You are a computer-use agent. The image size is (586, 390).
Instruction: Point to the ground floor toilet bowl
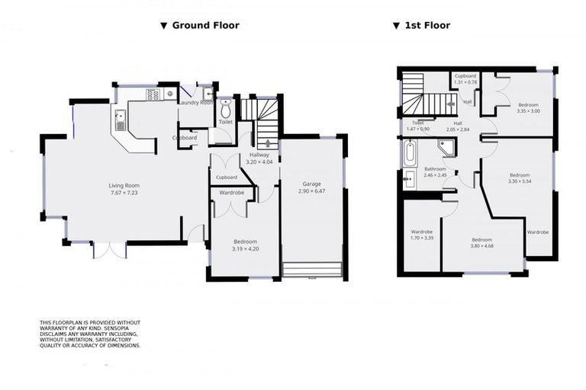(x=225, y=107)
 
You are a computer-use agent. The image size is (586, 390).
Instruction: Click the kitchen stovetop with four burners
(x=152, y=94)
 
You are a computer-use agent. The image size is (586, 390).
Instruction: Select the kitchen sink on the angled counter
(x=120, y=120)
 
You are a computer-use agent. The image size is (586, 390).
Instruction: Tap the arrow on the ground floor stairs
(x=262, y=142)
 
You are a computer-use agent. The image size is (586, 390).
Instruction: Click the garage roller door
(x=311, y=270)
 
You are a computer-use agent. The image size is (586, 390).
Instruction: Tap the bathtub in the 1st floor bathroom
(x=410, y=153)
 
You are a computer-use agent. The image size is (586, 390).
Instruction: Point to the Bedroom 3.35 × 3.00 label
(x=529, y=107)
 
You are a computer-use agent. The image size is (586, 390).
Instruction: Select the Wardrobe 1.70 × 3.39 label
(x=422, y=235)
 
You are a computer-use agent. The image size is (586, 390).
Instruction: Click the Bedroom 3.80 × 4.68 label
(x=482, y=242)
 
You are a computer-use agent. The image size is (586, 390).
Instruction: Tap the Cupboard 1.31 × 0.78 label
(x=465, y=79)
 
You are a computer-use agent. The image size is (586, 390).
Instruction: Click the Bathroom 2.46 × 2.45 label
(x=435, y=171)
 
